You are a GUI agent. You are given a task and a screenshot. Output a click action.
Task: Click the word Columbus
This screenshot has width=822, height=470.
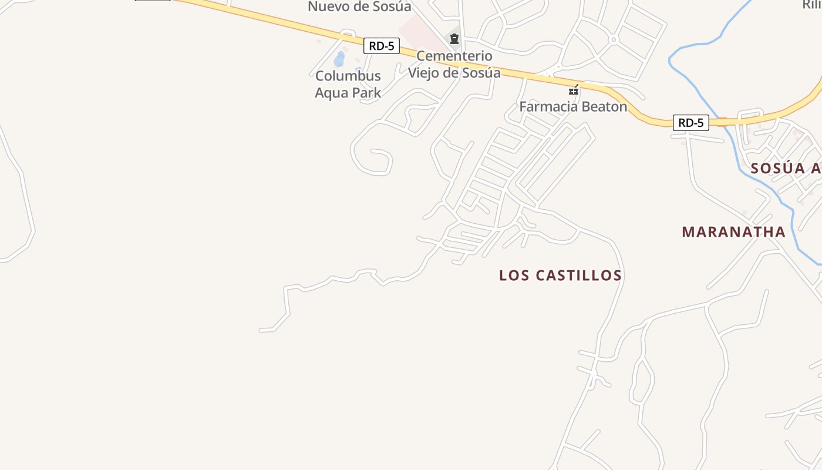(x=348, y=76)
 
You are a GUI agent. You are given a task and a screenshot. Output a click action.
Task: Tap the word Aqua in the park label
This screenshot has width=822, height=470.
(x=332, y=93)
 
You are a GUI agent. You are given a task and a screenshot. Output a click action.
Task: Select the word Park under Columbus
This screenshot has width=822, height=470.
(x=367, y=93)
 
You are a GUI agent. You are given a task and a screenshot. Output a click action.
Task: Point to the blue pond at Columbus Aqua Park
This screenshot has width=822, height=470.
(x=339, y=59)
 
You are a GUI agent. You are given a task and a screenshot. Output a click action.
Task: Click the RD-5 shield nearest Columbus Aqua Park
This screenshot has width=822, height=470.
(x=382, y=46)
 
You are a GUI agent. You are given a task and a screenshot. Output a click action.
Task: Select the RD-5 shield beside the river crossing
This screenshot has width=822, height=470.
(x=690, y=123)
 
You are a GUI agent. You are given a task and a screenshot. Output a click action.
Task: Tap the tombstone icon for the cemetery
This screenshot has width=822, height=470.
(x=454, y=39)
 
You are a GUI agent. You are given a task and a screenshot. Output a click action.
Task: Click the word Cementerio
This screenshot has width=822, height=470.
(x=454, y=56)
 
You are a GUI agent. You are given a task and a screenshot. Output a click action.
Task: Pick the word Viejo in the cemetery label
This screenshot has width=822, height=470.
(x=426, y=73)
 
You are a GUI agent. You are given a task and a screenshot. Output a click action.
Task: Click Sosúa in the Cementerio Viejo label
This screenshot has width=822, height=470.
(x=481, y=73)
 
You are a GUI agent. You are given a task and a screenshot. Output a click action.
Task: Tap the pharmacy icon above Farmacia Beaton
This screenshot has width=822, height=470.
(x=574, y=90)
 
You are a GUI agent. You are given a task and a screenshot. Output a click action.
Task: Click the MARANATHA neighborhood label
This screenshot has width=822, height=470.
(x=733, y=232)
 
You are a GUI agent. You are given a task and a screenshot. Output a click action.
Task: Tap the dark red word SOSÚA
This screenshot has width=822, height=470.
(x=777, y=169)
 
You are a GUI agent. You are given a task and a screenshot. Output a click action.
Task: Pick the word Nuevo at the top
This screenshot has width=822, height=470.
(x=328, y=7)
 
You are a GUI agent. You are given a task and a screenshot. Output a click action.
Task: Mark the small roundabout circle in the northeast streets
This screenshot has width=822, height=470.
(x=613, y=40)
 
